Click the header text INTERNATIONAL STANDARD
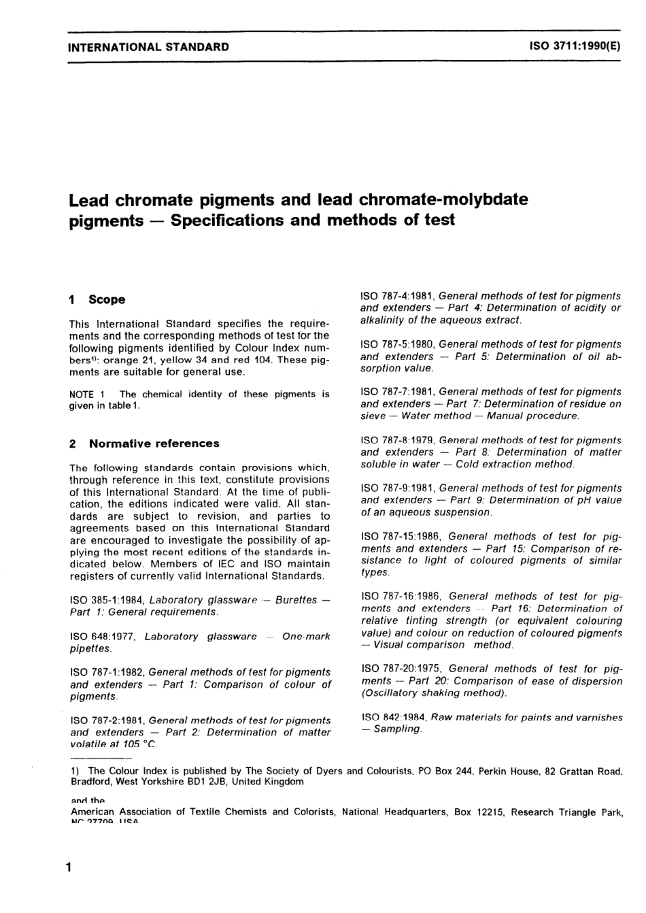click(149, 47)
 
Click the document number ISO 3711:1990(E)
click(575, 47)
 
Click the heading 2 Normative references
click(145, 444)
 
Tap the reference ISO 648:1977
click(105, 637)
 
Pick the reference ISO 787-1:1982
click(107, 672)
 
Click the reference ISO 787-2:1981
click(107, 720)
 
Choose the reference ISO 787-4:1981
click(397, 296)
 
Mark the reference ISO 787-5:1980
click(397, 344)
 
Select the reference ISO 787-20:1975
click(401, 669)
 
